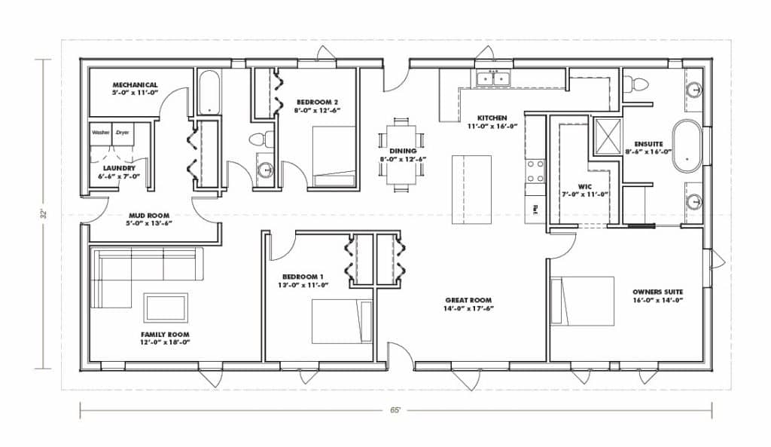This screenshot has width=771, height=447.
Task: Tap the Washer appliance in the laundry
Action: (x=101, y=133)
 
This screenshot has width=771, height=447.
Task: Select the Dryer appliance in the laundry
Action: (x=122, y=133)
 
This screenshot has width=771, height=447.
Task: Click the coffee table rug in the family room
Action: (x=166, y=308)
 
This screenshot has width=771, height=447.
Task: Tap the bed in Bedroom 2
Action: (x=334, y=156)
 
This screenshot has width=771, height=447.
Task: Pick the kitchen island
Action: (x=471, y=184)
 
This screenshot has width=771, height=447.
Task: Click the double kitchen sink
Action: (x=492, y=78)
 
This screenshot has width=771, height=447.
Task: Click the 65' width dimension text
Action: (x=395, y=411)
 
